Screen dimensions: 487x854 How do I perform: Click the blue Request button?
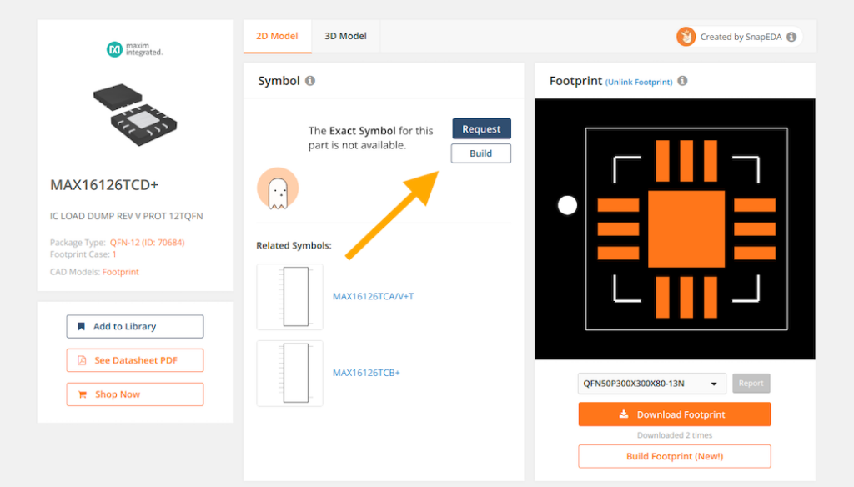tap(481, 129)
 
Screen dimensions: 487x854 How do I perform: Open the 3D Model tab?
tap(345, 36)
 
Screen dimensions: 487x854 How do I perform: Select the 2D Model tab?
tap(277, 36)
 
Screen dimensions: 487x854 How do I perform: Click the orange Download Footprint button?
tap(674, 414)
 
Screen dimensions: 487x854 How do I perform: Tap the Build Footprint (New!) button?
tap(674, 456)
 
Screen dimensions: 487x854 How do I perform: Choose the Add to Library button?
tap(135, 326)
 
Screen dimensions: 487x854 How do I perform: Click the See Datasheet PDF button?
tap(135, 360)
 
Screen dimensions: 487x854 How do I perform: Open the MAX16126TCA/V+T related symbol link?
tap(373, 297)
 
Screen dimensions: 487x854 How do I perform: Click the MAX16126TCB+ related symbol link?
tap(366, 373)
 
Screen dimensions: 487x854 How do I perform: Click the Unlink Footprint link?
tap(639, 82)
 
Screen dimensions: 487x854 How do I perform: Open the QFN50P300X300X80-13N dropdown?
tap(651, 384)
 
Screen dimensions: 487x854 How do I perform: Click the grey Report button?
tap(751, 384)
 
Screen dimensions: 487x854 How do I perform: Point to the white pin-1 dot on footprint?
tap(567, 205)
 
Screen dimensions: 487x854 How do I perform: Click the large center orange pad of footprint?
tap(686, 229)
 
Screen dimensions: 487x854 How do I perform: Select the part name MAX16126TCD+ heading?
tap(104, 185)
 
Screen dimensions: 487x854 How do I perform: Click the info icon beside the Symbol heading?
tap(310, 81)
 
